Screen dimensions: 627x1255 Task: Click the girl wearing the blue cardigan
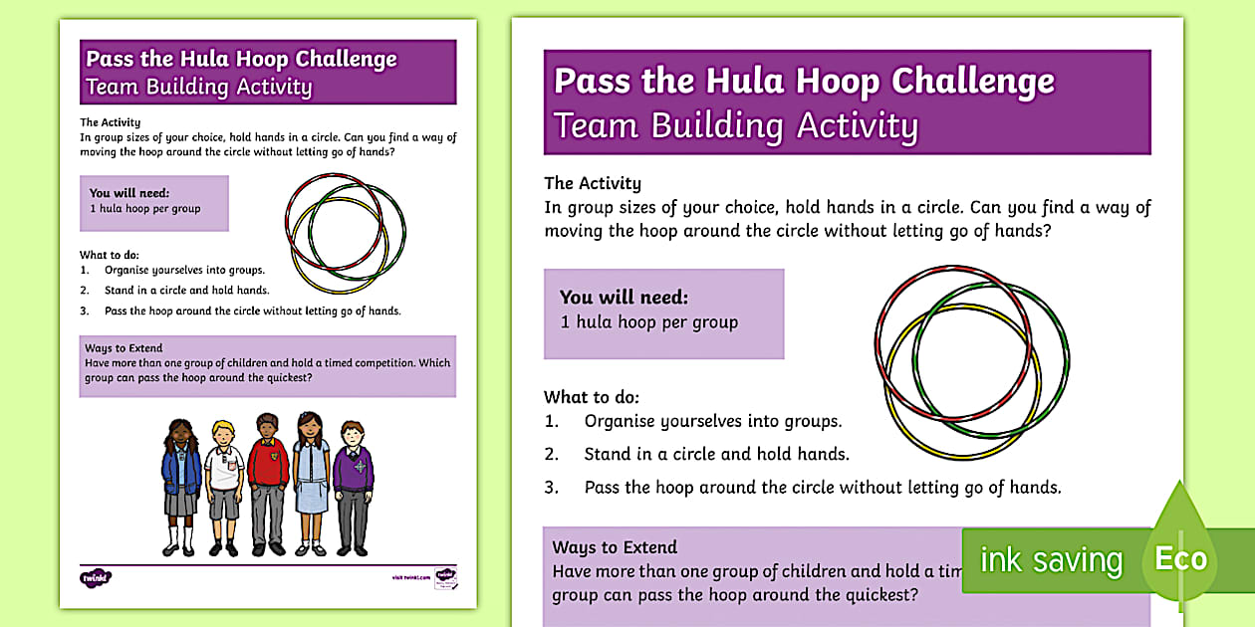pos(180,483)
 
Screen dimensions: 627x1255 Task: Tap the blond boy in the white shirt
pos(224,483)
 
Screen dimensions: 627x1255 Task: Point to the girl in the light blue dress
pos(311,483)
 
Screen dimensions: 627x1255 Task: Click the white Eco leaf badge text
pos(1180,558)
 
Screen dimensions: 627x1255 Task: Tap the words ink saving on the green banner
pos(1051,560)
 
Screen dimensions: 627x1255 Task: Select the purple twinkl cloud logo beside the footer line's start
pos(96,576)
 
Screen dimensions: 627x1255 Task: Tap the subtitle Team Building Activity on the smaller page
pos(199,87)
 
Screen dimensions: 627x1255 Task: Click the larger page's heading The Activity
pos(593,183)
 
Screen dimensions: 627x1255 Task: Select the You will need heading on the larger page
pos(624,297)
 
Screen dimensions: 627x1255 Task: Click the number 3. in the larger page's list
pos(552,488)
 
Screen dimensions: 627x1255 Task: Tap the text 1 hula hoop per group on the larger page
pos(649,321)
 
